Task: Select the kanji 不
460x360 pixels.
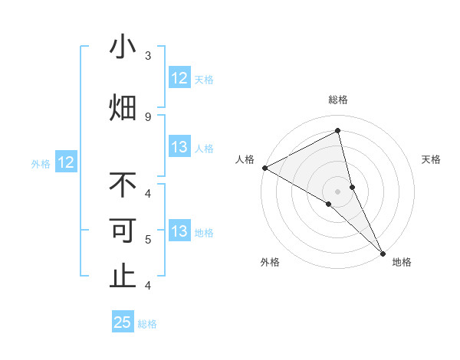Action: (123, 185)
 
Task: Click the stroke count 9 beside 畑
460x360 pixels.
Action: (148, 116)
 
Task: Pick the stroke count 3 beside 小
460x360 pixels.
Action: (148, 55)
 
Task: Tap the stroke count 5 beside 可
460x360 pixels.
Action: (148, 240)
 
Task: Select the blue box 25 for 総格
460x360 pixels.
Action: (123, 322)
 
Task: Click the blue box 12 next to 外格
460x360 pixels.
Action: (65, 162)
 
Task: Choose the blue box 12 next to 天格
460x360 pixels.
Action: (179, 78)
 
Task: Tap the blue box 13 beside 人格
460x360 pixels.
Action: (179, 147)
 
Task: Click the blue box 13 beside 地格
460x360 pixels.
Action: (179, 231)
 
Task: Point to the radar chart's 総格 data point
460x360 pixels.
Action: (337, 131)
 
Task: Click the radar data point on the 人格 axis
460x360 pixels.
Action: (264, 168)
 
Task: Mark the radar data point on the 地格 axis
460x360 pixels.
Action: (383, 252)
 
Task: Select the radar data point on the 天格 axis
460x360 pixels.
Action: (352, 186)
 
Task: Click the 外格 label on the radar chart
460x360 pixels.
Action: (270, 262)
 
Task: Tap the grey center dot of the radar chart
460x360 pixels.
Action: (337, 191)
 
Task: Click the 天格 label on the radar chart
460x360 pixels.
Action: (431, 159)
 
